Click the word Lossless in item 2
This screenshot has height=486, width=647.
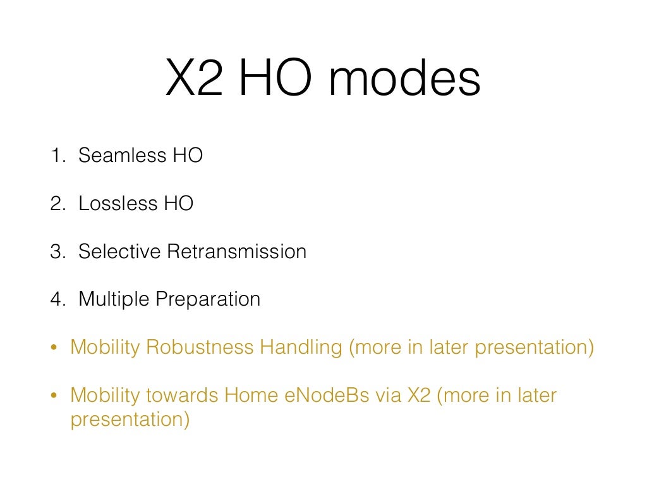pyautogui.click(x=109, y=203)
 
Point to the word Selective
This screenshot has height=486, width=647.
pyautogui.click(x=119, y=251)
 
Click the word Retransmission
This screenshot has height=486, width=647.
pyautogui.click(x=237, y=251)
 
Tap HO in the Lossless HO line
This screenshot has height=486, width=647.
pyautogui.click(x=179, y=203)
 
